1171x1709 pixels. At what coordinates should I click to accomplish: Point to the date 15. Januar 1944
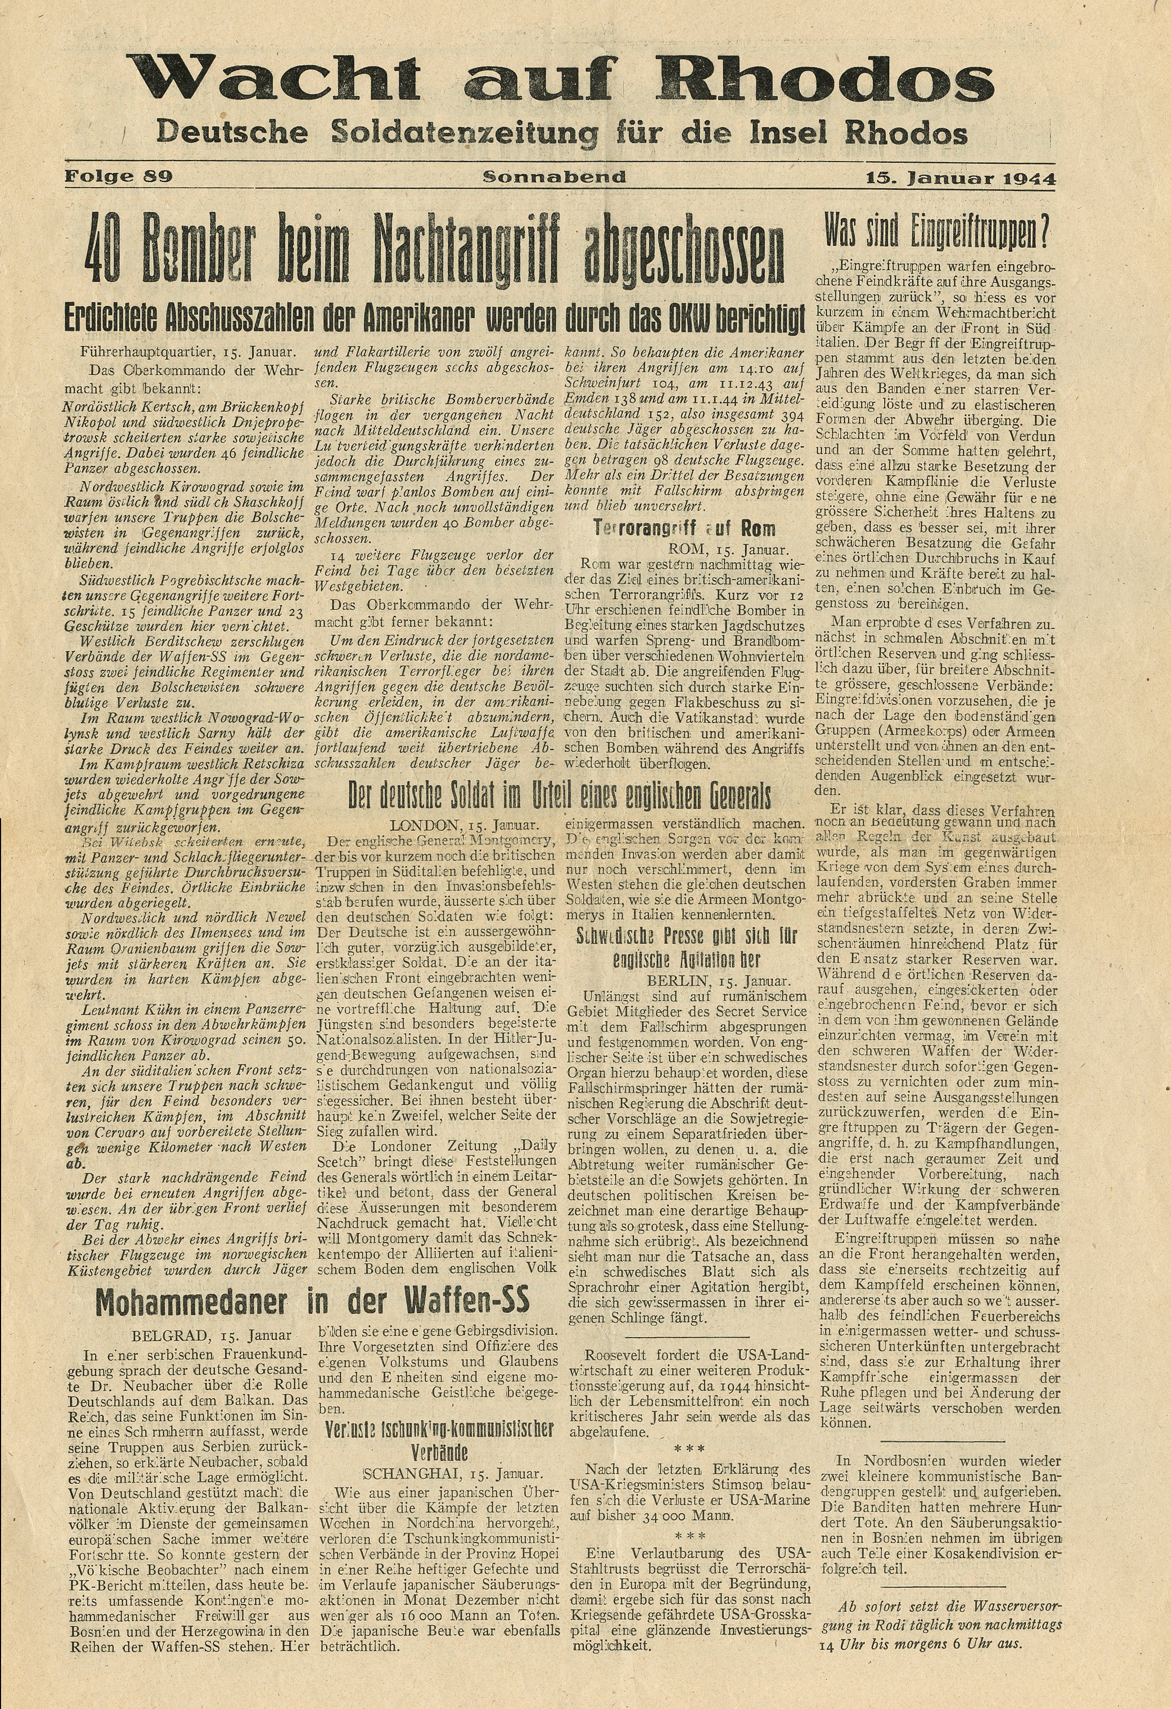[x=960, y=178]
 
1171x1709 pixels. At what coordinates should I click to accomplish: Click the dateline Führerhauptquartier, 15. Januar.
[x=190, y=352]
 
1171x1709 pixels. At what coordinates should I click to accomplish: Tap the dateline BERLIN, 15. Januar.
[x=719, y=981]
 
